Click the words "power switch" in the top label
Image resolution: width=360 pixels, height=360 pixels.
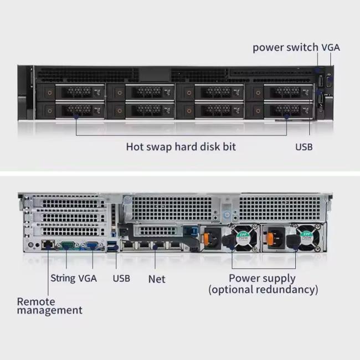tap(285, 48)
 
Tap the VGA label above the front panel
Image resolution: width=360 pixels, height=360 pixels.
tap(331, 48)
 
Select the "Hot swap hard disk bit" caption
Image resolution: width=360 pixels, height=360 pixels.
tap(181, 147)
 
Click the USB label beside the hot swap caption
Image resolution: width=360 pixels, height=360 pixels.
tap(304, 147)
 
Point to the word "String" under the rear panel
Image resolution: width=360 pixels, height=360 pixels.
tap(63, 279)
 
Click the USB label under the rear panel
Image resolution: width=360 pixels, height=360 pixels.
tap(121, 279)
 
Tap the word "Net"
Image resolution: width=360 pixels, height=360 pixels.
tap(157, 279)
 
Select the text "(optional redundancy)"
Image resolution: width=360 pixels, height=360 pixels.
tap(263, 290)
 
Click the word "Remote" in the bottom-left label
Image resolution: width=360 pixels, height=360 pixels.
tap(36, 302)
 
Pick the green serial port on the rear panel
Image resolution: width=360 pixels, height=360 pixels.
tap(67, 246)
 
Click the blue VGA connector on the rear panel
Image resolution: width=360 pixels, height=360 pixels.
tap(92, 246)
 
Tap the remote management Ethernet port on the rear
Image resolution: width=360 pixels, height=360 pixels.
tap(48, 245)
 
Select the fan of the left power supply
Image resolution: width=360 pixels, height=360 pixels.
tap(244, 238)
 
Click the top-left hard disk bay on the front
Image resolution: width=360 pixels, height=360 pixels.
tap(71, 92)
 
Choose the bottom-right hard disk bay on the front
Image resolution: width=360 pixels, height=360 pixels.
tap(279, 110)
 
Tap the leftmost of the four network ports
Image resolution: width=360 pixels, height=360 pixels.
tap(127, 245)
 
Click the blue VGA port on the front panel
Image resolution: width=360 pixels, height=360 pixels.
tap(329, 82)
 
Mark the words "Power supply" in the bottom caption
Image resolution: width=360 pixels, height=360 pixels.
tap(262, 279)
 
